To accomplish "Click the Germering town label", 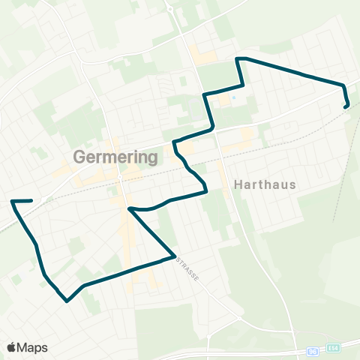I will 116,157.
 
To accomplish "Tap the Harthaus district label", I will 266,183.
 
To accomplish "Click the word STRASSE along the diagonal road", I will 189,270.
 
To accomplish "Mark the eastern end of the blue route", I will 345,107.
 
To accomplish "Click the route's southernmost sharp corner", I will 67,301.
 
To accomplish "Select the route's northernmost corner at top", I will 238,58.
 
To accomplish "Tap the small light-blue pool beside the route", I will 234,97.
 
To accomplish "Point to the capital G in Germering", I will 81,157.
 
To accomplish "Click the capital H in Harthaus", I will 239,183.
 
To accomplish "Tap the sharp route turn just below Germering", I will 130,208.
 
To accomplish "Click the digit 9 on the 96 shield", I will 310,351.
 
